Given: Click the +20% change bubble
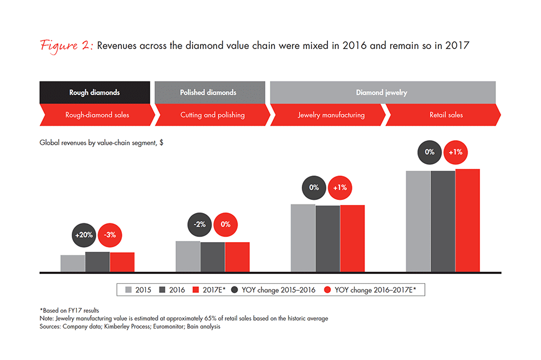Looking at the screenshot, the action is pos(84,235).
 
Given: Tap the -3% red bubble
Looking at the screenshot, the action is pos(110,235).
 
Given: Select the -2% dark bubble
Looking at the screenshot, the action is pos(199,224).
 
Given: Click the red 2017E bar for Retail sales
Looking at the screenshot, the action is pos(468,220).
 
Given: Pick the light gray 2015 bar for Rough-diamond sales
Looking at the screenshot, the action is pos(73,264).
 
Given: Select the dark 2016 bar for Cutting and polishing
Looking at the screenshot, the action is pos(212,257).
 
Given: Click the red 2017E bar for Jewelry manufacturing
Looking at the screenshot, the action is pos(353,239).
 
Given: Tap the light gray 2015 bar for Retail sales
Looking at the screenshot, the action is pos(418,222).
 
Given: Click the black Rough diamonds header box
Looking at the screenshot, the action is pos(95,92).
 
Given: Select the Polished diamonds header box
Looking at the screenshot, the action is pos(210,92).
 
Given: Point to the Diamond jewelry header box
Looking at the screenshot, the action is pos(383,92).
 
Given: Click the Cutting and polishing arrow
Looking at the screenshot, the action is pos(212,115).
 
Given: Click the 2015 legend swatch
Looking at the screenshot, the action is pos(128,289).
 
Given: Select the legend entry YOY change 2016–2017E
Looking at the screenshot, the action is pos(370,290).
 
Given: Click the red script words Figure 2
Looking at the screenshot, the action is pos(66,46).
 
